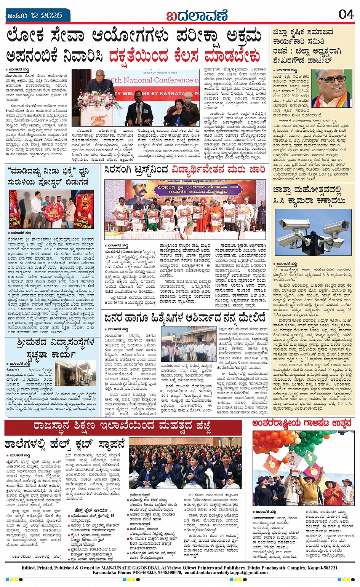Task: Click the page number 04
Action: (346, 14)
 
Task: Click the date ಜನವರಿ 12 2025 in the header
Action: (34, 16)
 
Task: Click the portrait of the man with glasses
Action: (331, 88)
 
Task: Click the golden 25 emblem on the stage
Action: (98, 121)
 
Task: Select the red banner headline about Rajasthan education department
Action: (122, 427)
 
